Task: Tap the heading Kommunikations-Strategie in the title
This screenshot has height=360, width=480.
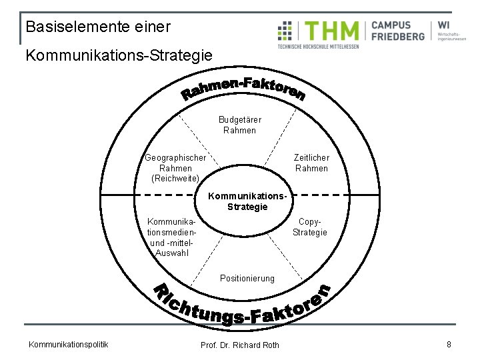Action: click(x=119, y=55)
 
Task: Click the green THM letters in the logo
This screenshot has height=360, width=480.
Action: click(x=332, y=31)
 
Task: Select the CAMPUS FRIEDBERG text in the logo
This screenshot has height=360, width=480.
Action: click(x=398, y=31)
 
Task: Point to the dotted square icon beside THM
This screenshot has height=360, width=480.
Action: click(x=286, y=31)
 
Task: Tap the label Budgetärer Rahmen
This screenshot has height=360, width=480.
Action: click(x=240, y=125)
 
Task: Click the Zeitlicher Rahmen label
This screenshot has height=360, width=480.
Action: click(x=311, y=163)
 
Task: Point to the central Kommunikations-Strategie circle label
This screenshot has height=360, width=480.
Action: click(x=247, y=201)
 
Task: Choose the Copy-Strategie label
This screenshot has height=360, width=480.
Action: click(x=310, y=227)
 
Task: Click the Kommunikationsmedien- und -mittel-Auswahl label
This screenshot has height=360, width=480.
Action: click(x=171, y=237)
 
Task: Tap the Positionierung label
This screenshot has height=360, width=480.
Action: click(x=247, y=278)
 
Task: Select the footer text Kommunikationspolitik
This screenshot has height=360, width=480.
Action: click(x=69, y=344)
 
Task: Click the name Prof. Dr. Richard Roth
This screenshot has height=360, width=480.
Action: click(x=240, y=345)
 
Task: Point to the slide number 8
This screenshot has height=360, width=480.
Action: click(x=449, y=344)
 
